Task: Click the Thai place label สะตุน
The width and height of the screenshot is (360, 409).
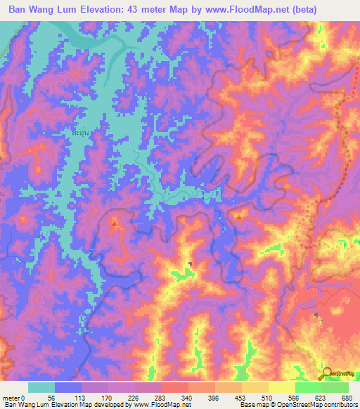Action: pyautogui.click(x=82, y=131)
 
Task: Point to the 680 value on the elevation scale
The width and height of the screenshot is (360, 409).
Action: pyautogui.click(x=346, y=397)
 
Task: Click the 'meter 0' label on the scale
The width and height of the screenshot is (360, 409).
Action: pyautogui.click(x=12, y=397)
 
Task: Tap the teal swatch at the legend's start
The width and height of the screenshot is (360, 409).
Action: pyautogui.click(x=41, y=387)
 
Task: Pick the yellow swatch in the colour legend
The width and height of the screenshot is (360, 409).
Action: pyautogui.click(x=281, y=387)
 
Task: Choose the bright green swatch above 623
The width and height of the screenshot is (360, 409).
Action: pyautogui.click(x=308, y=387)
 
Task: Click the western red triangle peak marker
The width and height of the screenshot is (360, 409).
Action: pyautogui.click(x=115, y=223)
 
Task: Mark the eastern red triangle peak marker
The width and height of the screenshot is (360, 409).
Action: pyautogui.click(x=239, y=218)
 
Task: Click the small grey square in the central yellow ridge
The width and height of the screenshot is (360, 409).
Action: pyautogui.click(x=191, y=265)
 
